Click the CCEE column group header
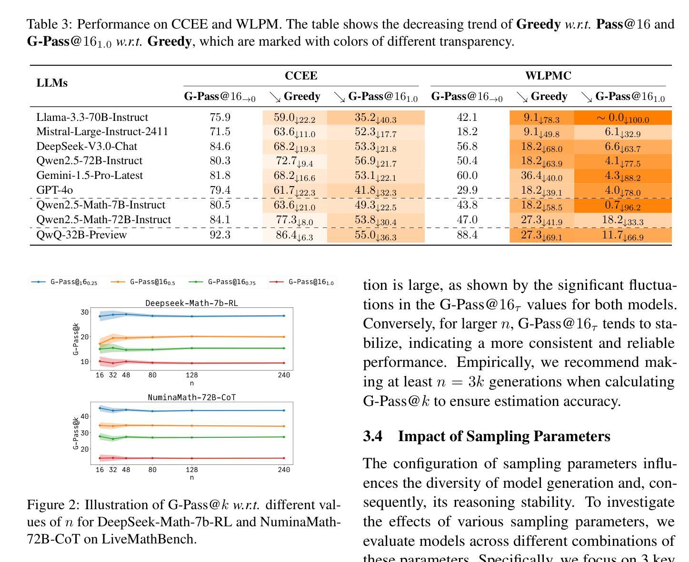tap(300, 76)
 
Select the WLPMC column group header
tap(548, 76)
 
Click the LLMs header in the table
tap(52, 83)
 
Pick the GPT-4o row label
tap(55, 190)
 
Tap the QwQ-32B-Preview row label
tap(81, 235)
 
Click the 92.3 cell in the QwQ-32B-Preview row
tap(220, 235)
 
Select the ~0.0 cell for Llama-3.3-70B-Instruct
tap(622, 118)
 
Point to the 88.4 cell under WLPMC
tap(467, 235)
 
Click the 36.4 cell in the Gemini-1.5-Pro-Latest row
tap(541, 176)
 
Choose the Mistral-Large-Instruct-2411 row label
tap(102, 131)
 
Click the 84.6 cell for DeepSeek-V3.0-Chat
tap(220, 146)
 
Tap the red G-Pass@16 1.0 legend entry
tap(301, 282)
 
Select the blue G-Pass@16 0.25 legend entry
tap(64, 282)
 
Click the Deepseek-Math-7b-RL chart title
tap(191, 303)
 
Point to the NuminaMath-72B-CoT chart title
tap(191, 397)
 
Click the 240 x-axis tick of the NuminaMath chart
tap(284, 470)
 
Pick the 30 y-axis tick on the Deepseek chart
tap(85, 312)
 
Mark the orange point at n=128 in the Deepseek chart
tap(192, 336)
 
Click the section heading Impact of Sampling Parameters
tap(504, 436)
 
